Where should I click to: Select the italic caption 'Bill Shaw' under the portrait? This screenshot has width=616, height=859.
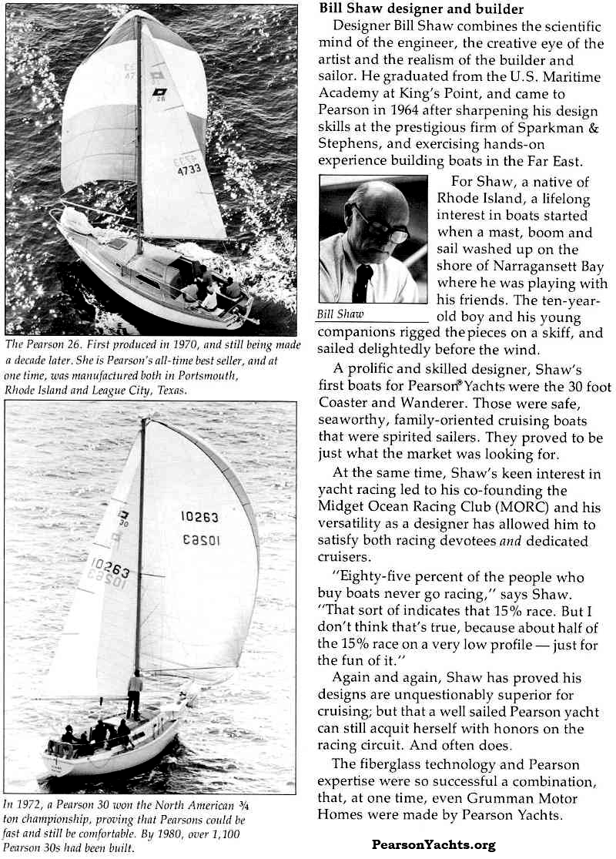tap(340, 314)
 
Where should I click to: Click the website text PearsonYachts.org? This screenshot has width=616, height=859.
tap(434, 845)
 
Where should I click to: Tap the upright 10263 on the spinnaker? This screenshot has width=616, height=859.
tap(199, 517)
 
